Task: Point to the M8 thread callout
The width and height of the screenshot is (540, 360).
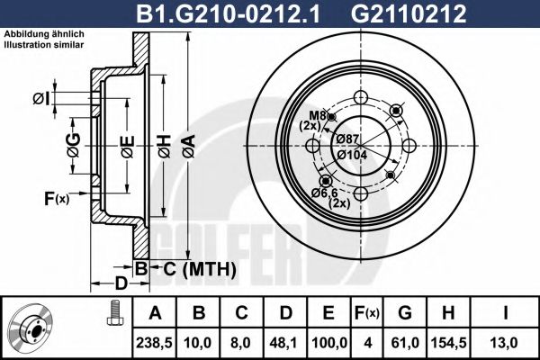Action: coord(317,116)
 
